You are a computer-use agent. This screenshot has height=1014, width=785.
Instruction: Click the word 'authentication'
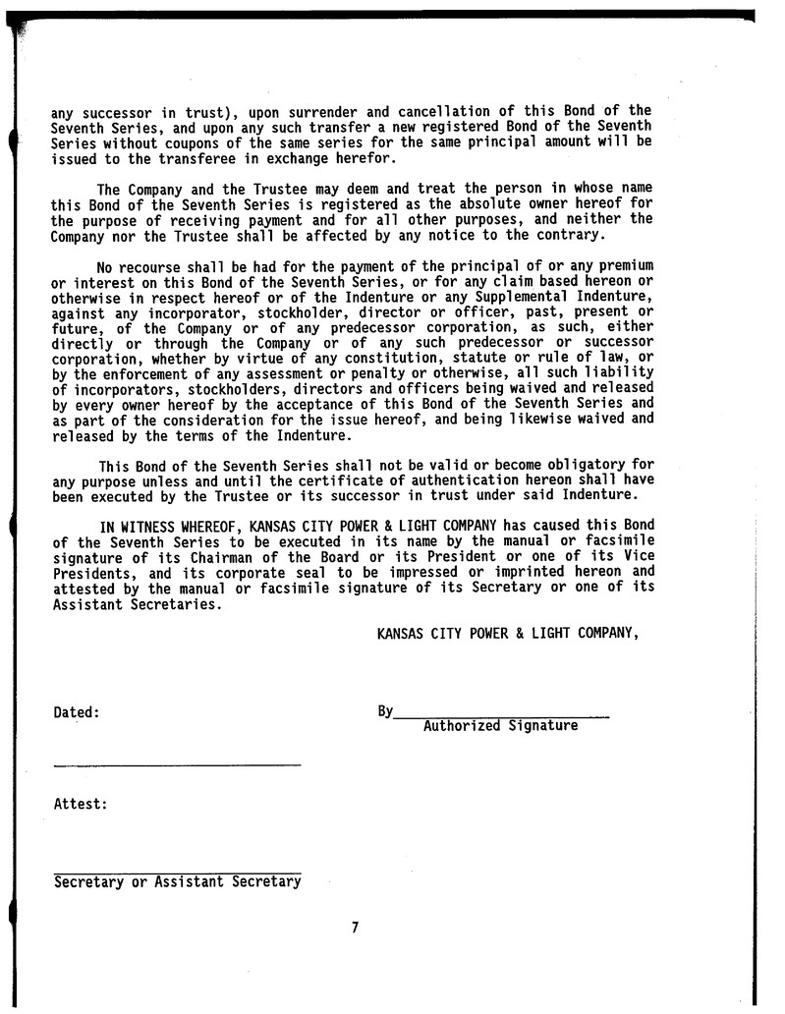point(411,481)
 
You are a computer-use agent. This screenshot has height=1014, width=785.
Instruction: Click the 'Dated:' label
point(76,712)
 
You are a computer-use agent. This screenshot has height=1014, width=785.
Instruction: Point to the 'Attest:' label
point(80,804)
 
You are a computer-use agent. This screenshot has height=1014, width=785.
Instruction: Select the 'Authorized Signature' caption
point(500,727)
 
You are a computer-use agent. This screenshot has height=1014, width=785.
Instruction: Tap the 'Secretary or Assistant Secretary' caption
point(177,882)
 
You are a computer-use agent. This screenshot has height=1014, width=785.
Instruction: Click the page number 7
point(355,927)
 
